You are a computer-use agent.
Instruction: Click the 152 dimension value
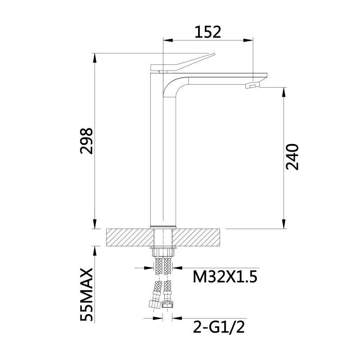pyautogui.click(x=208, y=32)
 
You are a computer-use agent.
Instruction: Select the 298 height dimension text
pyautogui.click(x=86, y=141)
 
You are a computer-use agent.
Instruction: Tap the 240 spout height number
pyautogui.click(x=292, y=157)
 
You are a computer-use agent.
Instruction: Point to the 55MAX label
pyautogui.click(x=86, y=294)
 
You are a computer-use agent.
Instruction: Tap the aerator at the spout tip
pyautogui.click(x=254, y=84)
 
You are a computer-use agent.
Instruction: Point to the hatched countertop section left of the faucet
pyautogui.click(x=128, y=237)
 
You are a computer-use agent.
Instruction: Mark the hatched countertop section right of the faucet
pyautogui.click(x=198, y=237)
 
